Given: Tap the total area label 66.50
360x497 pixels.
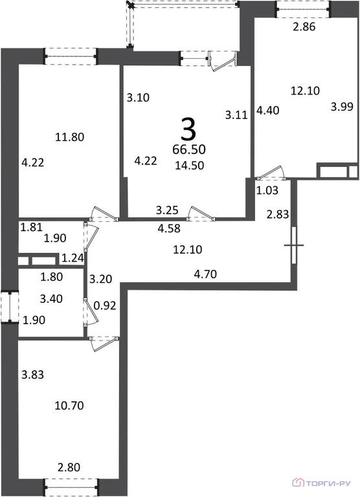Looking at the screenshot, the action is pos(189,149).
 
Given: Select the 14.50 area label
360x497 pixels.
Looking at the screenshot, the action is pos(190,166).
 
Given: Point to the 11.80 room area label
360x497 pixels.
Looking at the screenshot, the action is pos(70,137).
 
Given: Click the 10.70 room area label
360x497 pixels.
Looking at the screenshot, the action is pos(69,405).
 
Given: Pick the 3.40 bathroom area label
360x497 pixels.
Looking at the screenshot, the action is pos(51,298).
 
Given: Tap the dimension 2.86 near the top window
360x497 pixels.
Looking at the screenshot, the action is pos(304,27).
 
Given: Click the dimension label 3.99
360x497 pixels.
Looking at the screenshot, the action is pos(342,107).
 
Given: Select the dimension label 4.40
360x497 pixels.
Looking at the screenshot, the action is pos(268,111).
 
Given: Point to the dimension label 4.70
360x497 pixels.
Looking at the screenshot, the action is pos(205,274).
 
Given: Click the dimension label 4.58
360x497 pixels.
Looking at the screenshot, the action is pos(169,228).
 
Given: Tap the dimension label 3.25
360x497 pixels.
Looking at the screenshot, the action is pos(167,210).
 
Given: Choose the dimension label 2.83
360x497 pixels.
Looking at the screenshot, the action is pos(278,215).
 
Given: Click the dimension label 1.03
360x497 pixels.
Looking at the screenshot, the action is pos(267,190).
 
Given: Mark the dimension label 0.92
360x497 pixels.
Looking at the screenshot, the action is pos(105,306).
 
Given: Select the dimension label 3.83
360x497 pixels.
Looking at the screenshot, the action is pos(32,375).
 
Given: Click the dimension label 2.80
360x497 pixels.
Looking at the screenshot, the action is pos(69,467).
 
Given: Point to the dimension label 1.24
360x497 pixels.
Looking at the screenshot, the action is pos(73,258).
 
